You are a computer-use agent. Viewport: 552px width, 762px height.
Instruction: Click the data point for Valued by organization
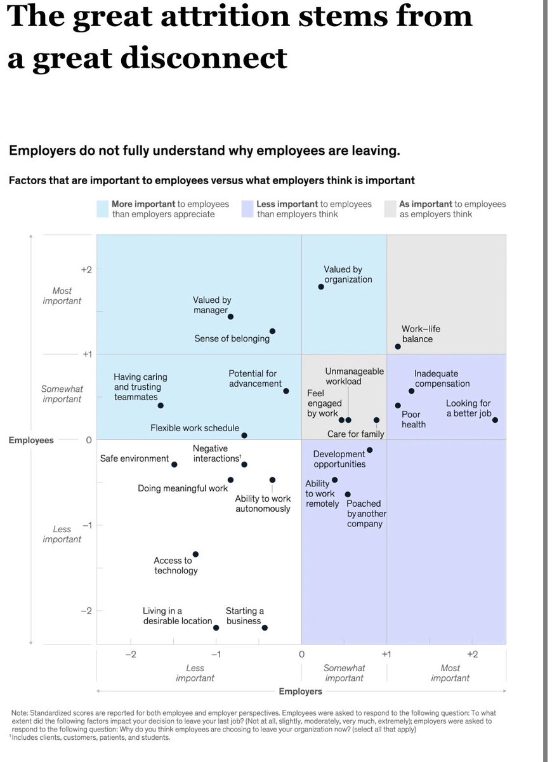click(321, 286)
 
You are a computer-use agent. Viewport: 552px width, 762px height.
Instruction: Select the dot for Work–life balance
click(398, 347)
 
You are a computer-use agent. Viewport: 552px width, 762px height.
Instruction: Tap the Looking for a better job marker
click(495, 420)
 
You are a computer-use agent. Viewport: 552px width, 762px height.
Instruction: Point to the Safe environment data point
click(174, 464)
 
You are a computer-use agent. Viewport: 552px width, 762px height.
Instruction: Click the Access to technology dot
click(195, 554)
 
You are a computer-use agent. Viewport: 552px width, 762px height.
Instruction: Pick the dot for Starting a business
click(265, 627)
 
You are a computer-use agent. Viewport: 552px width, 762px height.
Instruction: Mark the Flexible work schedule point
click(244, 435)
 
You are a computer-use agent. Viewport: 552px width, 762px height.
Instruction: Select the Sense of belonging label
click(232, 338)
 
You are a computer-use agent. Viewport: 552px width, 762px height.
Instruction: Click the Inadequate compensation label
click(442, 378)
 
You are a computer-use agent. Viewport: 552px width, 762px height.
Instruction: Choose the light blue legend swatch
click(103, 209)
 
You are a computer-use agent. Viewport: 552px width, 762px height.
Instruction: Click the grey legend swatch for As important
click(390, 209)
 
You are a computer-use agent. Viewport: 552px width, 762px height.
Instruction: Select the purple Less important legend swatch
click(247, 209)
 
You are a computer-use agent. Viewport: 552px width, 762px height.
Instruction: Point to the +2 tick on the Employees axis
click(86, 269)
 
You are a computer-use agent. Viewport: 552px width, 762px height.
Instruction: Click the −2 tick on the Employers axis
click(130, 654)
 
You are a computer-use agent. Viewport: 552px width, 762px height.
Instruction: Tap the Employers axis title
click(300, 691)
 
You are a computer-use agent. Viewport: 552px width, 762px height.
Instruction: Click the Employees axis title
click(31, 440)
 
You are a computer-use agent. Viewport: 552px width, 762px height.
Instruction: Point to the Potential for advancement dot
click(286, 391)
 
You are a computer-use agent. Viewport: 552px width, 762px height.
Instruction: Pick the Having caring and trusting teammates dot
click(161, 405)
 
